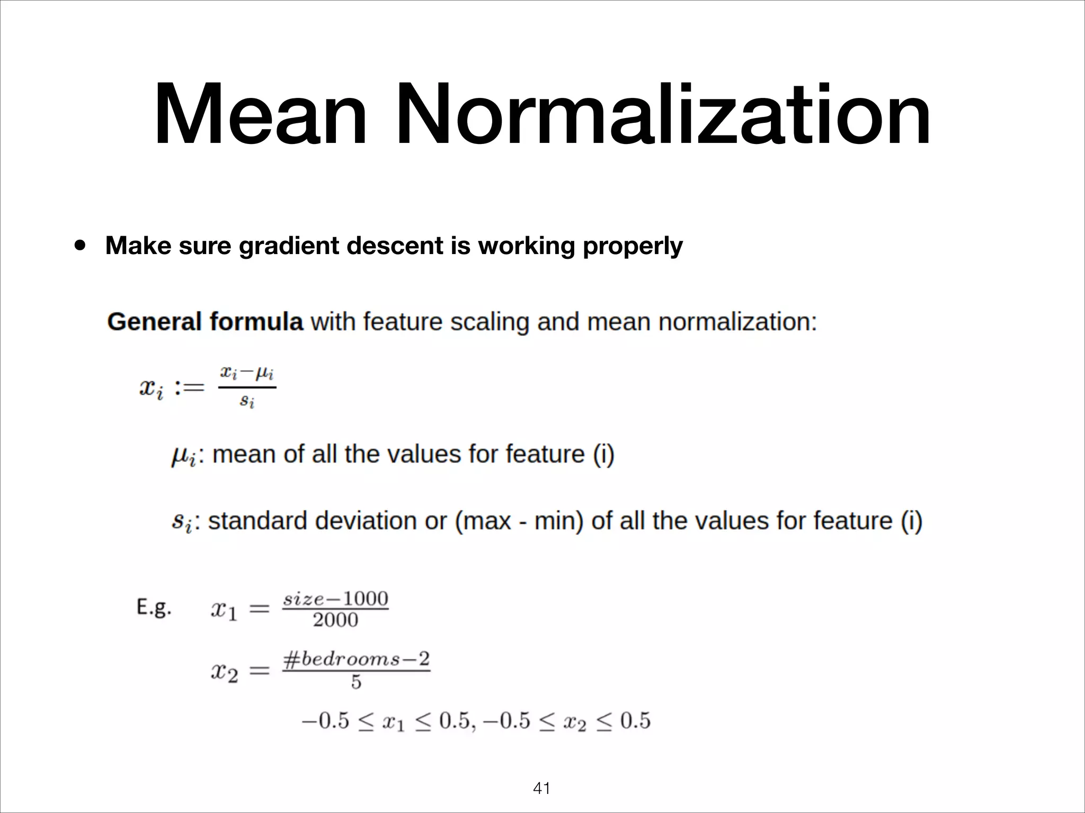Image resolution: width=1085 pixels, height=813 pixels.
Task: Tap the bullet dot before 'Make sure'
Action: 81,246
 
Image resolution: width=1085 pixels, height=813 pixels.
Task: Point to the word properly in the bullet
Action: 633,247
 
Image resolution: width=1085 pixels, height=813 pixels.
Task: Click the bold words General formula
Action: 205,322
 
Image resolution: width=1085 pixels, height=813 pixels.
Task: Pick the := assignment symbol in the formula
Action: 189,388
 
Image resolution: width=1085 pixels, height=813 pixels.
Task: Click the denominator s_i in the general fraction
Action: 247,401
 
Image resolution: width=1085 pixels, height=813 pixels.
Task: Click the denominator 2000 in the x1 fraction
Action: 335,620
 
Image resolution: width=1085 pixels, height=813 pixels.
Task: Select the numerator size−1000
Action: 335,599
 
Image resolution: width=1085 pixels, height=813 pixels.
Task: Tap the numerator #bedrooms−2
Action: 356,659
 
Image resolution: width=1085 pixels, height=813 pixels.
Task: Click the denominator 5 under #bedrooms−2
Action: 356,682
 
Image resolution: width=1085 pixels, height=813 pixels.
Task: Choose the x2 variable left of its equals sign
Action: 224,672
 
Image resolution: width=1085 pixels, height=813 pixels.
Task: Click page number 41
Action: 541,789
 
